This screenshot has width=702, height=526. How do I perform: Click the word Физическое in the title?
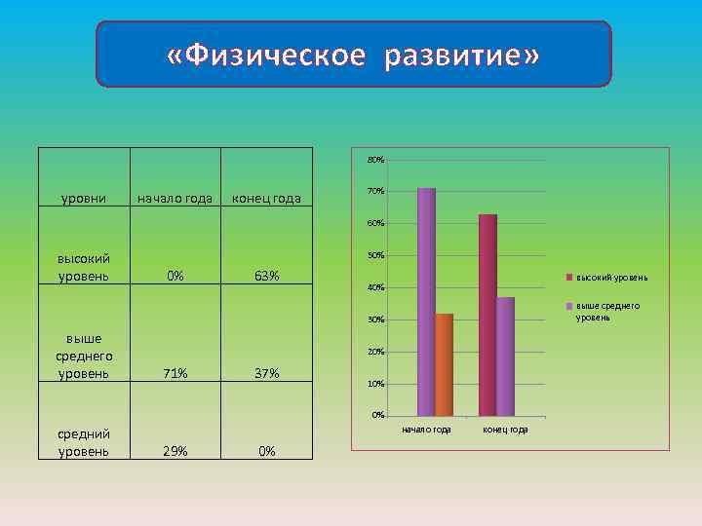(275, 57)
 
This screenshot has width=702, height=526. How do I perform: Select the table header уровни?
(84, 200)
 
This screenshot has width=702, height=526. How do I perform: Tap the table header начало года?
(175, 200)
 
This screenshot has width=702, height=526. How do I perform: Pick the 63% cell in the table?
(266, 277)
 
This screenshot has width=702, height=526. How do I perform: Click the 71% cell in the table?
(175, 374)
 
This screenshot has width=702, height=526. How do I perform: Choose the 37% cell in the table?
(266, 374)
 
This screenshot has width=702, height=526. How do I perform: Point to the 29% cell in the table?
(175, 451)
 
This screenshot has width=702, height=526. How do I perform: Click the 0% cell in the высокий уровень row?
(175, 277)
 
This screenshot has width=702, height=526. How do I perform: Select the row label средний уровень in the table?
(84, 442)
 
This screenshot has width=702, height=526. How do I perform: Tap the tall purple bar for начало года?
(426, 302)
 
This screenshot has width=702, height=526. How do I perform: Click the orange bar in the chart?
(445, 364)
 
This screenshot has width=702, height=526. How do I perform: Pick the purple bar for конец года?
(505, 357)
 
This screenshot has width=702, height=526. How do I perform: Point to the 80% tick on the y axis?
(375, 160)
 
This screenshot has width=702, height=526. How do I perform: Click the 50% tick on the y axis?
(375, 256)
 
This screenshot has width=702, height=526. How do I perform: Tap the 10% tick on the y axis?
(375, 385)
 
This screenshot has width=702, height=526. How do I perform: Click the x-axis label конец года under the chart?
(505, 430)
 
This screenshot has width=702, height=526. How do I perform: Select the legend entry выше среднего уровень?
(607, 312)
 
